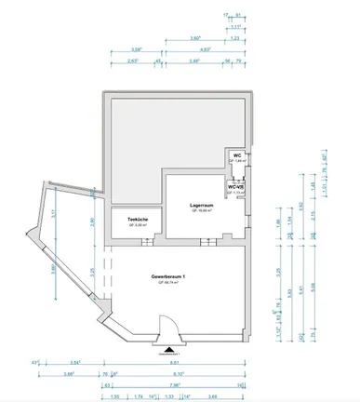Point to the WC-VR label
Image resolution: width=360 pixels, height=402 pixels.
point(239,186)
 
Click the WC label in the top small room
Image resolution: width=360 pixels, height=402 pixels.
point(237,155)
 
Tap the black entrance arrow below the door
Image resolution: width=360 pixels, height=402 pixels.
point(167,349)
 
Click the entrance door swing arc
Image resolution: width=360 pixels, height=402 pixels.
point(168,328)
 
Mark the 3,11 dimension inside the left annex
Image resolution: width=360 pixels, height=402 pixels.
point(55,212)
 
